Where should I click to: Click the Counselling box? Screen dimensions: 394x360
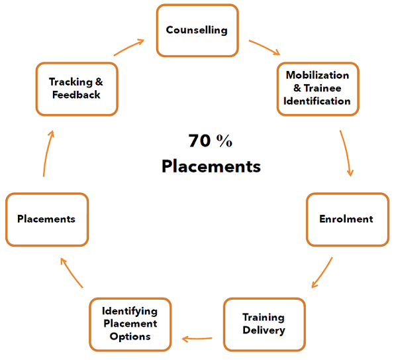[x=197, y=30]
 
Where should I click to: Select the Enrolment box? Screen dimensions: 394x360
[x=348, y=219]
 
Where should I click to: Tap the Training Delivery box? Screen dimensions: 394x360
[x=264, y=324]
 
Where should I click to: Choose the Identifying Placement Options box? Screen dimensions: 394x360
[x=130, y=324]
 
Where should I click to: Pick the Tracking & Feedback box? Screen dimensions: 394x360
[x=77, y=89]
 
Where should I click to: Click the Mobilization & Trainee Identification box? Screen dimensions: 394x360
[x=318, y=89]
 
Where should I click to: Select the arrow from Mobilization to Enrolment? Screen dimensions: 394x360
[x=347, y=152]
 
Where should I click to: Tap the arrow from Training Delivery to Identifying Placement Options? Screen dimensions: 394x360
[x=197, y=339]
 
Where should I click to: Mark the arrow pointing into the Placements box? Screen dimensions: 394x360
[x=71, y=272]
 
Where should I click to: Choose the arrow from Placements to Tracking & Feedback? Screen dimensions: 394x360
[x=47, y=152]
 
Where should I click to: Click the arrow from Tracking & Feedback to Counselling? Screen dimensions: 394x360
[x=128, y=47]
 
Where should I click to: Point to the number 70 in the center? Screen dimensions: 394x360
[x=200, y=141]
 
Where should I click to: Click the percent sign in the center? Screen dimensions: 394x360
[x=224, y=141]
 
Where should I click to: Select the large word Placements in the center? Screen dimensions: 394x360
[x=211, y=166]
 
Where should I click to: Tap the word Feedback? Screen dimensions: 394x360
[x=76, y=95]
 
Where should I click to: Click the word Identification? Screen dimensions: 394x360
[x=317, y=101]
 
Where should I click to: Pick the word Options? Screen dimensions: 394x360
[x=130, y=337]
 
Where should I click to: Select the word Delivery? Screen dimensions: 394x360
[x=264, y=330]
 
